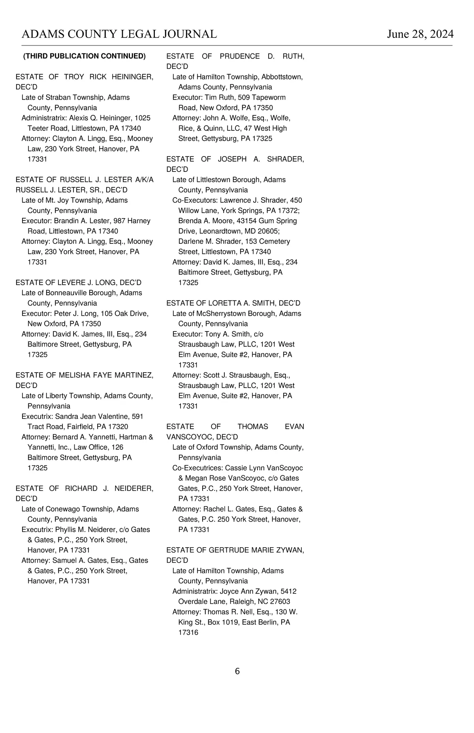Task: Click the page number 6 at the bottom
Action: point(237,671)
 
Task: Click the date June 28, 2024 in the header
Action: point(420,34)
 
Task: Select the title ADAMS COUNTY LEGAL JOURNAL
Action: point(119,34)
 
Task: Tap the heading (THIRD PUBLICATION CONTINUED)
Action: point(85,56)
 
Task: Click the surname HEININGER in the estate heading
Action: point(133,77)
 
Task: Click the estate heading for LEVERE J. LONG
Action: point(78,283)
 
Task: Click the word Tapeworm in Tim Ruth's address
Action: point(270,97)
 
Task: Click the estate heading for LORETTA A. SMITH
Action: point(233,303)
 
